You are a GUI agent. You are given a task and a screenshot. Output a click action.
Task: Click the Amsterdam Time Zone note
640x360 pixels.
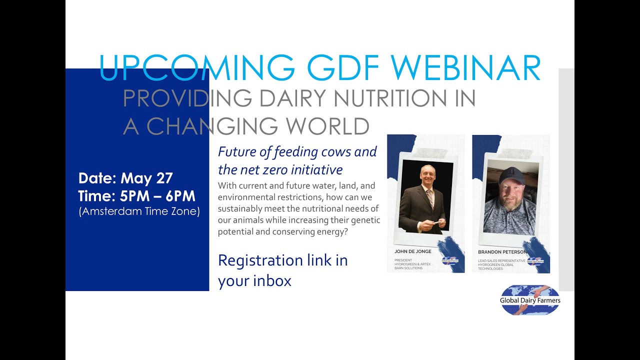pyautogui.click(x=139, y=211)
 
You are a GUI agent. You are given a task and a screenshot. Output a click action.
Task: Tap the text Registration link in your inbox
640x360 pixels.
pyautogui.click(x=282, y=270)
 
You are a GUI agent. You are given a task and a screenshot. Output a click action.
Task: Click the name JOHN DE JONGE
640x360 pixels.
pyautogui.click(x=413, y=252)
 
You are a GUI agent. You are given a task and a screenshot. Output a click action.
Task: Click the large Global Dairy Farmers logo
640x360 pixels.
pyautogui.click(x=530, y=300)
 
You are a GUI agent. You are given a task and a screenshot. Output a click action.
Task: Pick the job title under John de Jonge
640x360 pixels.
pyautogui.click(x=412, y=264)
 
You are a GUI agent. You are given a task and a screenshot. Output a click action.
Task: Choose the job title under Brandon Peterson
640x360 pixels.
pyautogui.click(x=501, y=264)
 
